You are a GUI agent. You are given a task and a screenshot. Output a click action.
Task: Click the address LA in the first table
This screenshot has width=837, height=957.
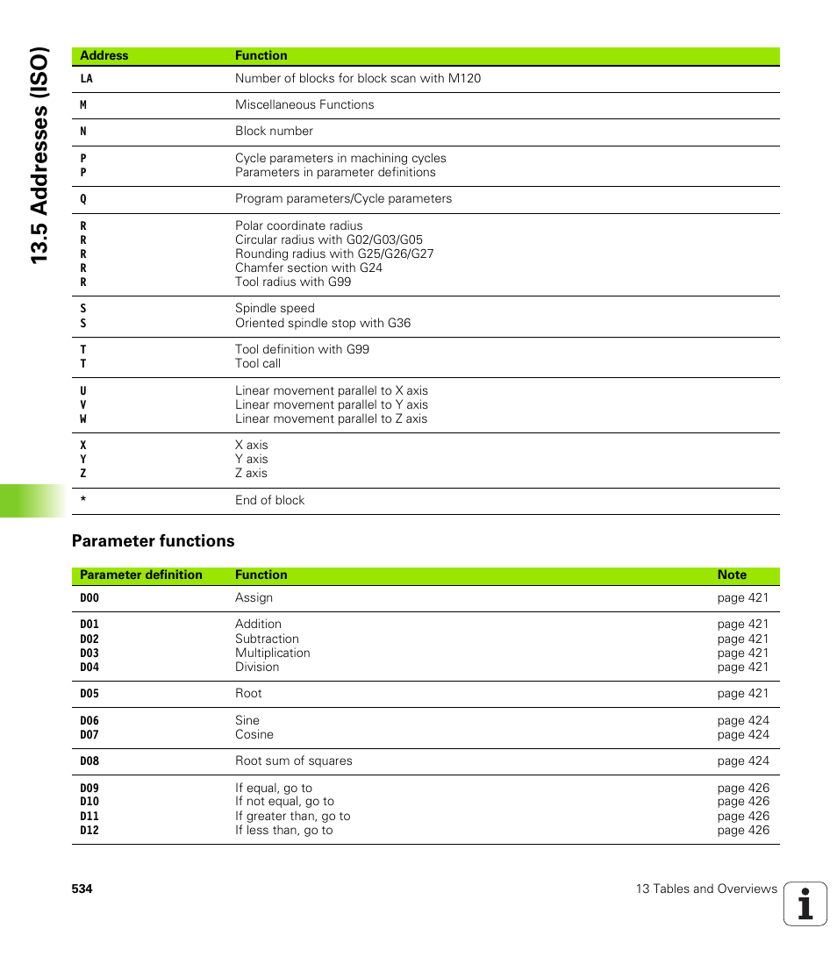[x=86, y=79]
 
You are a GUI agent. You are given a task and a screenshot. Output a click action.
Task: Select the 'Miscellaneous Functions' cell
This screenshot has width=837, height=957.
[x=304, y=104]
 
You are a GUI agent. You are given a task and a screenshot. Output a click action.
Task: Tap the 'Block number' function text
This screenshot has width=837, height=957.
[x=274, y=131]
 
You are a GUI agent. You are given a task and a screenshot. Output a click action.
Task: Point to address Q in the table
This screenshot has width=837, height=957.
[x=84, y=199]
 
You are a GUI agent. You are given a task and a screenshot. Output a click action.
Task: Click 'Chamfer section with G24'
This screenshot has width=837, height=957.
[x=308, y=268]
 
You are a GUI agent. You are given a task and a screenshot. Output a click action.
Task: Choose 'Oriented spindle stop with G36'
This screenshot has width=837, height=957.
[x=322, y=323]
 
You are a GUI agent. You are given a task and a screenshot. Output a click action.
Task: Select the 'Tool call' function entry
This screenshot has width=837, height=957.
[x=258, y=363]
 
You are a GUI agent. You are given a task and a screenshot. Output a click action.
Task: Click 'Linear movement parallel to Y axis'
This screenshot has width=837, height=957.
[x=331, y=404]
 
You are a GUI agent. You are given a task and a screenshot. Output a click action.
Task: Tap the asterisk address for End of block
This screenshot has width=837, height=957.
[x=83, y=500]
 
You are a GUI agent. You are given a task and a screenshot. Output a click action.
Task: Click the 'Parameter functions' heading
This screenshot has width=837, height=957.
[x=154, y=541]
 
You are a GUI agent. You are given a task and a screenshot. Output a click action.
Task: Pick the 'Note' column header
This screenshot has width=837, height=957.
[x=732, y=575]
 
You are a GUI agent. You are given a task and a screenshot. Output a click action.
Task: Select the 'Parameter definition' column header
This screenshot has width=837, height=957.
[x=141, y=575]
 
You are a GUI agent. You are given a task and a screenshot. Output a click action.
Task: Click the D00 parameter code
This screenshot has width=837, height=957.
[x=89, y=598]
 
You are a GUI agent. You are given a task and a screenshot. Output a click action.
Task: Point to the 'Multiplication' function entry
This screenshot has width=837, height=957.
[x=272, y=653]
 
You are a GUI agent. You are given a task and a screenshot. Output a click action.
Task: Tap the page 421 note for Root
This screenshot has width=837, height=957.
[x=742, y=693]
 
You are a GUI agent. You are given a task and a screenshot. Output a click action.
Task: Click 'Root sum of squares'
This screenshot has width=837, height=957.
[x=293, y=761]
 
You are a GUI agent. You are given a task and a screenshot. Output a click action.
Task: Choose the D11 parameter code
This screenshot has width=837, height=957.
[x=89, y=816]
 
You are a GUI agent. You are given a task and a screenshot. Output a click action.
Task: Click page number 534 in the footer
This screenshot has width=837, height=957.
[x=82, y=889]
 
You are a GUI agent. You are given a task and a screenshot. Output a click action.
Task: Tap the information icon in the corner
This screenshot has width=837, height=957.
[x=805, y=903]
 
